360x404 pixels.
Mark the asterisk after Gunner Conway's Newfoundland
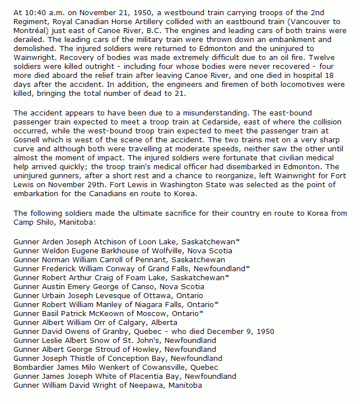click(x=247, y=268)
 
